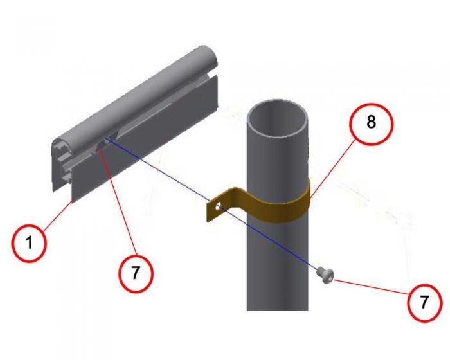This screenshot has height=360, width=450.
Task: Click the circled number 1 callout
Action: (x=29, y=243)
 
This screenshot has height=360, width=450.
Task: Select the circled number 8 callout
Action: (x=371, y=123)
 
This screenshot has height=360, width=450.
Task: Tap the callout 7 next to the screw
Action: (x=424, y=301)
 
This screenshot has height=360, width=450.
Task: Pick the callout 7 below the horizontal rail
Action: (x=136, y=273)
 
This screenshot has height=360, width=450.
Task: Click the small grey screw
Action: (x=325, y=275)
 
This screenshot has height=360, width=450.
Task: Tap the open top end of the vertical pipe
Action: (x=277, y=118)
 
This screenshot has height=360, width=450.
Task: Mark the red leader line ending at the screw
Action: (x=372, y=285)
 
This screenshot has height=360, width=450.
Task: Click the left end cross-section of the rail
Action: (x=62, y=164)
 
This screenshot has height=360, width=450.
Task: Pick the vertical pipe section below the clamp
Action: (x=278, y=266)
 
